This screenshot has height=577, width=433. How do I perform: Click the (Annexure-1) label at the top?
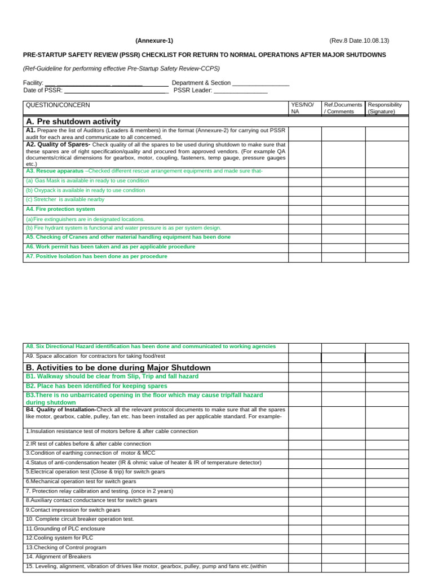[154, 41]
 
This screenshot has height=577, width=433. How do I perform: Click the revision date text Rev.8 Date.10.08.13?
[359, 41]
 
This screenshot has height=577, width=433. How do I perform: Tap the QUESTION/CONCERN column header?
[58, 105]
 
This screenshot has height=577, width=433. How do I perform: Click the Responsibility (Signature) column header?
[386, 108]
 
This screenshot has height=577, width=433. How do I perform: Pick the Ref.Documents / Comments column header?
[343, 108]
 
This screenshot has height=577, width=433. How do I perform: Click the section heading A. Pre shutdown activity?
[73, 121]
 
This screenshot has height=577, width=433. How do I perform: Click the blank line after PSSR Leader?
[241, 91]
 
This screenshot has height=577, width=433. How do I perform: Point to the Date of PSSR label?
[43, 90]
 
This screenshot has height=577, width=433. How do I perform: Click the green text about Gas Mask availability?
[88, 181]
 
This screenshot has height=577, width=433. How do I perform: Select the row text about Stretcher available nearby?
[65, 199]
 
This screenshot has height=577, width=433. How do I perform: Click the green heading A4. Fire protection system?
[60, 209]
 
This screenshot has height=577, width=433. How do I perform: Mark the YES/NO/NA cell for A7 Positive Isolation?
[304, 257]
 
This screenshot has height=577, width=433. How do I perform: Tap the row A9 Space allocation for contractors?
[96, 356]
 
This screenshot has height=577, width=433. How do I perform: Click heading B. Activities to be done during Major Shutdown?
[118, 367]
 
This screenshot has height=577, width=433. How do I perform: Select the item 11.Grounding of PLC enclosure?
[65, 529]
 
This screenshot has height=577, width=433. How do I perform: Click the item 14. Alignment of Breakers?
[59, 557]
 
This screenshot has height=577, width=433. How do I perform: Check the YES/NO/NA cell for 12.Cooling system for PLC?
[304, 538]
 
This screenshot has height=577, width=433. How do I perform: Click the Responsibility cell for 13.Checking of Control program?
[387, 548]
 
